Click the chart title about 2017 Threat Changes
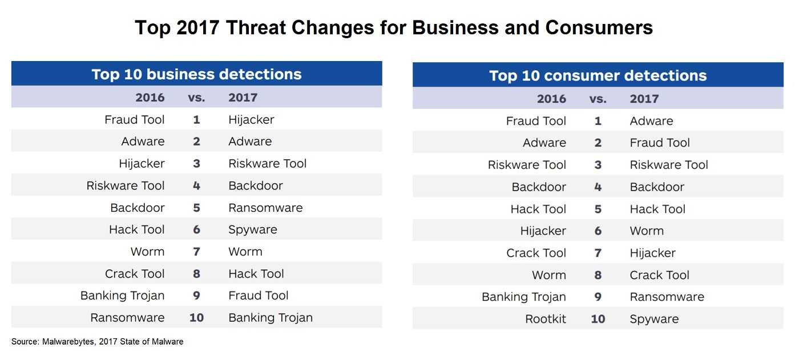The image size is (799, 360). coord(394,28)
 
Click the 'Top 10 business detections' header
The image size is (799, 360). coord(196,74)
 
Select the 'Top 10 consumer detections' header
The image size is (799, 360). coord(598,75)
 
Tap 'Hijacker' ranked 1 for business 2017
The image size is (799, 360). coord(251,120)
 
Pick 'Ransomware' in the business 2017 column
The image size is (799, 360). coord(265,208)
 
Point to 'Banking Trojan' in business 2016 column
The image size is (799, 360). coord(122,296)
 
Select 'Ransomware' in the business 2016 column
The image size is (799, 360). coord(127,318)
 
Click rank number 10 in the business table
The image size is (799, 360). coord(196,318)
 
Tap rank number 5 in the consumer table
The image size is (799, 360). coord(598,209)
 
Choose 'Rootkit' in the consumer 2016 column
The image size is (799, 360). coord(546,319)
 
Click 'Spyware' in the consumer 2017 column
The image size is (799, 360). coord(654,319)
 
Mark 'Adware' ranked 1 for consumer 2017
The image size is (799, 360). coord(651,121)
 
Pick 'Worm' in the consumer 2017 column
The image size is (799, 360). coord(647,231)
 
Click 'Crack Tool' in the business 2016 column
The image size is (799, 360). coord(135,274)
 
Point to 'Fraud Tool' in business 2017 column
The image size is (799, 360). coord(258,296)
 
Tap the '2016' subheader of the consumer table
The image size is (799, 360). coord(551,99)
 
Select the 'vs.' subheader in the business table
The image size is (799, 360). coord(196,98)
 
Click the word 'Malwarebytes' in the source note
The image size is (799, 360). coord(68,342)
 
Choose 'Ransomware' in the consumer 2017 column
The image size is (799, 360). coord(667,297)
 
